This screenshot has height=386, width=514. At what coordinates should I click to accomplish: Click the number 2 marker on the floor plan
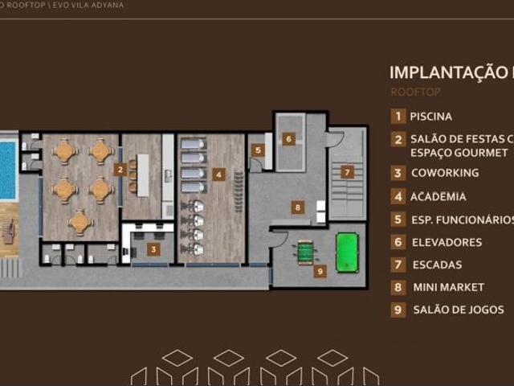tap(120, 170)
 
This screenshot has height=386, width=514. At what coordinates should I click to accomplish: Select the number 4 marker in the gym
tap(218, 173)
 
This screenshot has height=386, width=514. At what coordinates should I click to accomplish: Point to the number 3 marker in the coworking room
tap(154, 249)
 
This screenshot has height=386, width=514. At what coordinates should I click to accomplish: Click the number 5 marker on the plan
tap(257, 150)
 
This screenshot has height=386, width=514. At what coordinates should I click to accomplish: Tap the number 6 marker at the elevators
tap(288, 138)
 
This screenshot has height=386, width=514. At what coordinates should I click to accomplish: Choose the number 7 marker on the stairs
tap(347, 171)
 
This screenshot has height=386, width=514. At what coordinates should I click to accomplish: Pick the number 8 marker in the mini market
tap(297, 207)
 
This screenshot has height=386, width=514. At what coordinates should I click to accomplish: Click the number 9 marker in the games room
tap(320, 271)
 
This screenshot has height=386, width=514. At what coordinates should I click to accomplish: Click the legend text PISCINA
tap(431, 117)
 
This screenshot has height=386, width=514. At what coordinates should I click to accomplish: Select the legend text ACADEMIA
tap(438, 196)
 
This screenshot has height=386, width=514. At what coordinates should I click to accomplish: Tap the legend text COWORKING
tap(445, 173)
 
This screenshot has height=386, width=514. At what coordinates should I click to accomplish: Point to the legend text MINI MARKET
tap(449, 287)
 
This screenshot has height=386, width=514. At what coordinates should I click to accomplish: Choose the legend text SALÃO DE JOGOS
tap(459, 310)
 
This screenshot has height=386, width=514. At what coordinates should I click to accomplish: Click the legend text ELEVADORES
tap(447, 242)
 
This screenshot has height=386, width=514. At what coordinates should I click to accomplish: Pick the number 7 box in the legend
tap(398, 265)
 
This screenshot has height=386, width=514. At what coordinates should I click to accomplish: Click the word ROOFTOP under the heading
tap(415, 92)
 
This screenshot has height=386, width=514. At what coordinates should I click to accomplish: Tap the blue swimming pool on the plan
tap(7, 170)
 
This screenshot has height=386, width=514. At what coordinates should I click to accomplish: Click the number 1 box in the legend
tap(398, 117)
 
